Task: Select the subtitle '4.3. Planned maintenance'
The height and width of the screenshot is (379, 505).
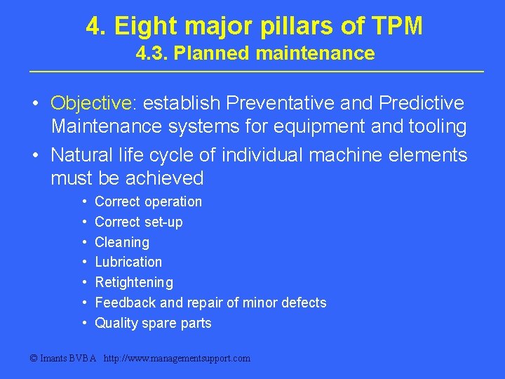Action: click(255, 53)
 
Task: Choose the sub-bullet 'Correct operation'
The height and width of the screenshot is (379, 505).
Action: click(148, 202)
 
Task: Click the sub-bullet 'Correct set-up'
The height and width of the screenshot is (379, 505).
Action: click(138, 222)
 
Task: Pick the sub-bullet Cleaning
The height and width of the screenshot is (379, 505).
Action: click(122, 243)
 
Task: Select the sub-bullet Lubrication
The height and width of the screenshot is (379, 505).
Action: click(128, 262)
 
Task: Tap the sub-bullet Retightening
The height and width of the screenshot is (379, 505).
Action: click(134, 283)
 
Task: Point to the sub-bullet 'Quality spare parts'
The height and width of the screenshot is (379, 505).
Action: click(153, 324)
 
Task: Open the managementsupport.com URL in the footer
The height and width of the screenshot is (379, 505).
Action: click(177, 359)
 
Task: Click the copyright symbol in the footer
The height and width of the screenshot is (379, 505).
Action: click(33, 359)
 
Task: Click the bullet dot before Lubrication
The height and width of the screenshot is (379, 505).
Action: click(84, 262)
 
